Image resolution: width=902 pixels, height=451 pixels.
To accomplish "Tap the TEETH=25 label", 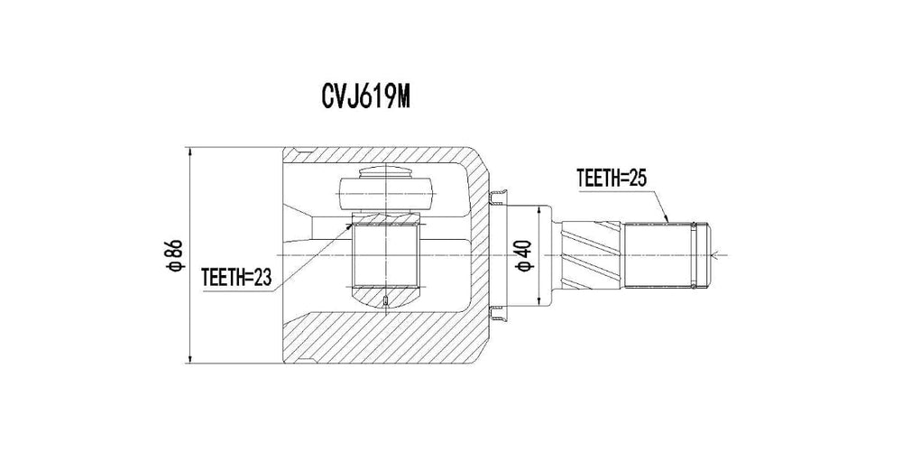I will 612,179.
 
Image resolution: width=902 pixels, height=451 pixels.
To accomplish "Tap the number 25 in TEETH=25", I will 638,179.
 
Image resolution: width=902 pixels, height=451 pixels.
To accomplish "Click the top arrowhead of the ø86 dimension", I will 190,152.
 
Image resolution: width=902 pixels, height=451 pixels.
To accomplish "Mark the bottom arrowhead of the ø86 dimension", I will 190,358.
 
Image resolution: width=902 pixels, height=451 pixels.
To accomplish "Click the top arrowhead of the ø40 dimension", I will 539,207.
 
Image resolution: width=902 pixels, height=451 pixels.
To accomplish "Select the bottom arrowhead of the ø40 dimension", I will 539,302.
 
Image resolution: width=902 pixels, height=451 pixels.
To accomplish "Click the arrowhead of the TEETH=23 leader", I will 350,225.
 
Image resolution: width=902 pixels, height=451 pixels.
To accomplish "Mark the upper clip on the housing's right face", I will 496,197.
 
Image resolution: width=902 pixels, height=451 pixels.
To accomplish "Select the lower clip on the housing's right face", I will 496,312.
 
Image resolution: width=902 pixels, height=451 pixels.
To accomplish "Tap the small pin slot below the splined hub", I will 386,301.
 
